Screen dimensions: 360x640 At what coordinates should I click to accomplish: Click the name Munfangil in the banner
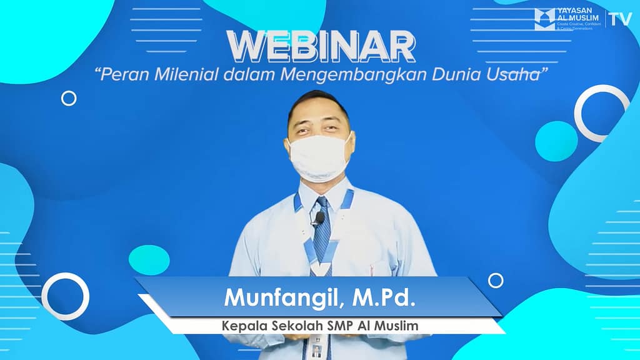pyautogui.click(x=277, y=297)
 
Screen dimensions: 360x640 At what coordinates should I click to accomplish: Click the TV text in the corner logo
pyautogui.click(x=621, y=19)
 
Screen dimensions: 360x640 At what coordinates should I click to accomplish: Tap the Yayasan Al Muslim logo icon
pyautogui.click(x=544, y=19)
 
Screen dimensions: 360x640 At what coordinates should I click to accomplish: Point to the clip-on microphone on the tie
pyautogui.click(x=319, y=218)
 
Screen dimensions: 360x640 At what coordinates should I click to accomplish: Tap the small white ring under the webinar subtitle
pyautogui.click(x=69, y=98)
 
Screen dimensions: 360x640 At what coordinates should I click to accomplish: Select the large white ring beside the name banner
pyautogui.click(x=66, y=296)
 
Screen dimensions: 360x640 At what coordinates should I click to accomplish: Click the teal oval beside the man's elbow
pyautogui.click(x=149, y=259)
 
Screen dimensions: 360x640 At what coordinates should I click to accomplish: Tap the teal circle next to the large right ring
pyautogui.click(x=556, y=141)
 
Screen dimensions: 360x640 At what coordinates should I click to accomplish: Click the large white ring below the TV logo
pyautogui.click(x=602, y=113)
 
